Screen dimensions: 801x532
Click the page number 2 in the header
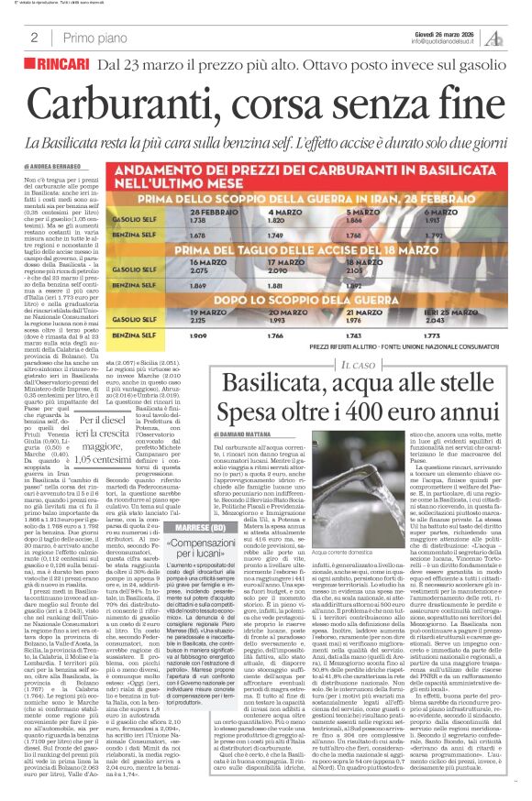tap(34, 38)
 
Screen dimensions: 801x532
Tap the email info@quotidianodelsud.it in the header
tap(447, 41)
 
